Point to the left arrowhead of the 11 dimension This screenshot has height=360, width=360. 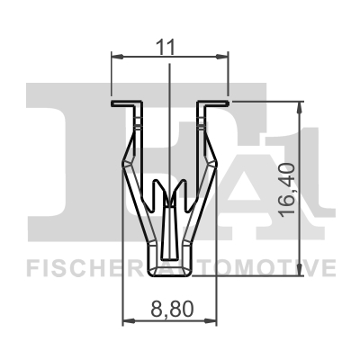[114, 57]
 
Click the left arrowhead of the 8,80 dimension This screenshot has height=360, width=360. [125, 320]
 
